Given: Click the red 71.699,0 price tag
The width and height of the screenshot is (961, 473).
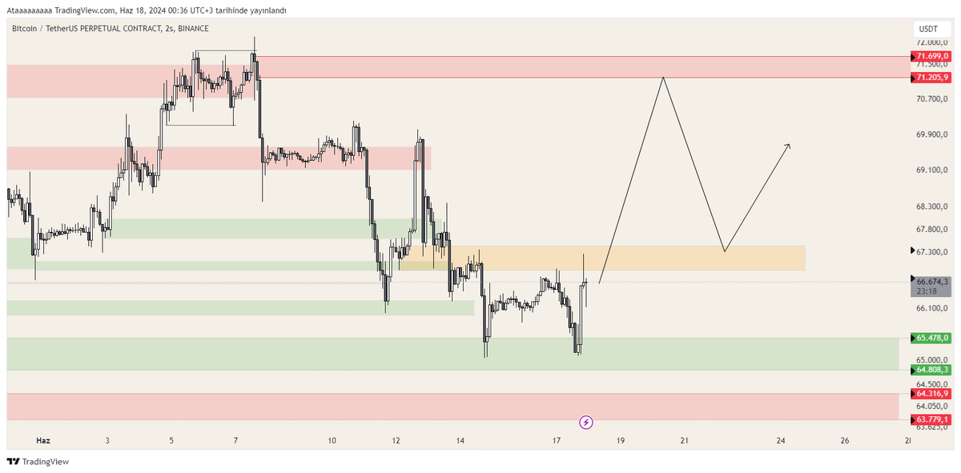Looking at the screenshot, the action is (x=931, y=56).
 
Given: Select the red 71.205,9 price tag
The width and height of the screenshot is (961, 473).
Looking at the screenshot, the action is (x=931, y=78).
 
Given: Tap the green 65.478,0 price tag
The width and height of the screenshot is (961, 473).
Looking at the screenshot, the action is (x=931, y=338).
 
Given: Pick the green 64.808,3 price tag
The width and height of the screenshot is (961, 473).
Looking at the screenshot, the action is (x=931, y=370).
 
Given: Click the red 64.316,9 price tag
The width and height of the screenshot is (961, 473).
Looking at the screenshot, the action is (x=931, y=394).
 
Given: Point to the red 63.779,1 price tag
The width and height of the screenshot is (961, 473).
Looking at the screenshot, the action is (x=931, y=419).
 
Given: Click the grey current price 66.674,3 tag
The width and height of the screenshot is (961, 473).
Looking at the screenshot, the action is (x=931, y=286).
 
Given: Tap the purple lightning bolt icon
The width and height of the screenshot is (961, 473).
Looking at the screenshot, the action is (x=586, y=423).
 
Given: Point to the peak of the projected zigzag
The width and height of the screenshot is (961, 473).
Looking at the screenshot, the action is (x=663, y=77).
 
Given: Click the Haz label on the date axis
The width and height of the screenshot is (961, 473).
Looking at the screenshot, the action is (x=43, y=440).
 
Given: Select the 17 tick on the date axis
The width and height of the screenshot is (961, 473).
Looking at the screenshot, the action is (x=557, y=440).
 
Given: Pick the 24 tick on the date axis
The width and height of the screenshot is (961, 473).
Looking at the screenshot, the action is (x=781, y=440).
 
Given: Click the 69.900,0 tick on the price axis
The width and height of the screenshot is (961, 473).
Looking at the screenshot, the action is (x=932, y=134).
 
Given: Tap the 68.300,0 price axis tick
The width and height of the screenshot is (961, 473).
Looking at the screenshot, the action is (x=932, y=206).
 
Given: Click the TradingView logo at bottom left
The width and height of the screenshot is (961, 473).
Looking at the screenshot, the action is (x=38, y=462).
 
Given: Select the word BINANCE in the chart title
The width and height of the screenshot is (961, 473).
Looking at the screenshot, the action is (x=193, y=28).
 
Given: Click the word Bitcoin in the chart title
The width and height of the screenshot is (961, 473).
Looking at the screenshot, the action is (x=25, y=28).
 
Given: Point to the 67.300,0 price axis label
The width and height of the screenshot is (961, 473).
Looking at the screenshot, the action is (x=932, y=252).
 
